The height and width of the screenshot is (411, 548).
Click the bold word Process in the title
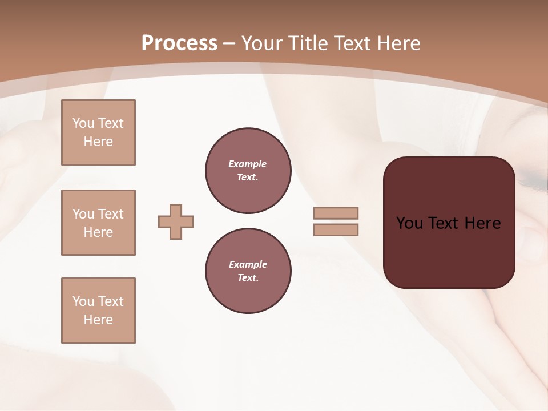(x=179, y=43)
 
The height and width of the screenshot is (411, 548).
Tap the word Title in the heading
(x=307, y=43)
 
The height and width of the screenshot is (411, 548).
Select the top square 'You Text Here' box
(x=98, y=132)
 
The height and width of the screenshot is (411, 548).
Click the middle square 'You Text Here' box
(x=98, y=223)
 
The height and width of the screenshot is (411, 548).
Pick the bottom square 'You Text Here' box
(x=98, y=311)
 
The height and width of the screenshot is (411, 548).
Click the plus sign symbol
(x=176, y=221)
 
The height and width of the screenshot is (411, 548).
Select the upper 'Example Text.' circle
(x=248, y=170)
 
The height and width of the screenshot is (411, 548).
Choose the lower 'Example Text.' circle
(x=248, y=271)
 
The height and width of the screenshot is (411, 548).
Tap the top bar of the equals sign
(x=336, y=213)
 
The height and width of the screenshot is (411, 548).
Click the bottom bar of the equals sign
(x=336, y=229)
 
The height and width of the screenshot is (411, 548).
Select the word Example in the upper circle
(x=248, y=164)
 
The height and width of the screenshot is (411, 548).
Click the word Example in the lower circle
(x=248, y=264)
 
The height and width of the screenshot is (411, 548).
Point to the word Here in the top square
(x=98, y=142)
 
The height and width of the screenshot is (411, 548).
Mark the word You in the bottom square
(x=83, y=301)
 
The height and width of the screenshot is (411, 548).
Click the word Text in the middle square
(x=110, y=214)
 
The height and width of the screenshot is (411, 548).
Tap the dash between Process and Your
(x=229, y=43)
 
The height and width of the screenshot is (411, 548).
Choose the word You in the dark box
(x=409, y=223)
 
